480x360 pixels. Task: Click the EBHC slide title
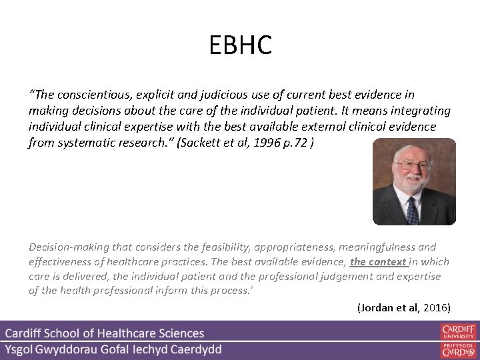point(240,45)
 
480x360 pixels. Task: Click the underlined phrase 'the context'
point(379,261)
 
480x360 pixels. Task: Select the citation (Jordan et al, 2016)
point(404,307)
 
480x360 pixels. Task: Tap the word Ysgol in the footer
point(22,349)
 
